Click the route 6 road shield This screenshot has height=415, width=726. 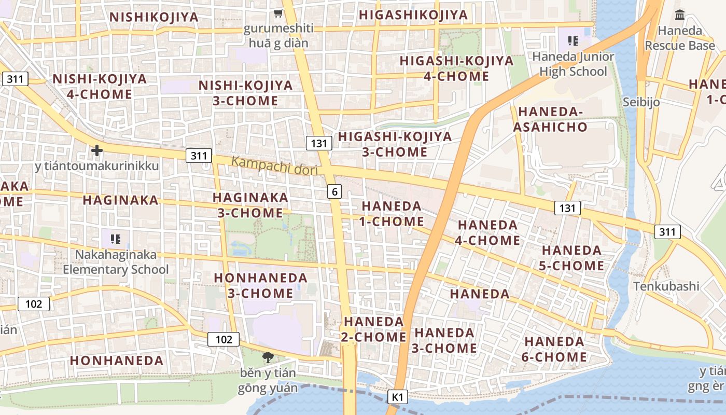[334, 192]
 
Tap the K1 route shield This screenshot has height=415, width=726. [397, 397]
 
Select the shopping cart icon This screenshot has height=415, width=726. [278, 13]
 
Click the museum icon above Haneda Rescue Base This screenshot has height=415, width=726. [680, 15]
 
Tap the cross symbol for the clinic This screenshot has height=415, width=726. [97, 150]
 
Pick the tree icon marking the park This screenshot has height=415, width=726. [268, 356]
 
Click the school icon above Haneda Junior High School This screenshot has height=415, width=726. [573, 40]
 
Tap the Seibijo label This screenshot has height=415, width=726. [641, 102]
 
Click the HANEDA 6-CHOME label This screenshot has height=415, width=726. [555, 349]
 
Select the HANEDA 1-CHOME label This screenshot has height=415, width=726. [392, 214]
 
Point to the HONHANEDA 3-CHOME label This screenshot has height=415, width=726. [254, 285]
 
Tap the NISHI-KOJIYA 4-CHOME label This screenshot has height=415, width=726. [100, 87]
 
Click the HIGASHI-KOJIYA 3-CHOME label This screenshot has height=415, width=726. [395, 144]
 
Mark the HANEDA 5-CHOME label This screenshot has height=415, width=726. [572, 258]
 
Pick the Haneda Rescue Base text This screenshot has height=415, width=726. [680, 38]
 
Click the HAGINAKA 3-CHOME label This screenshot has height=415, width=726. [250, 205]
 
